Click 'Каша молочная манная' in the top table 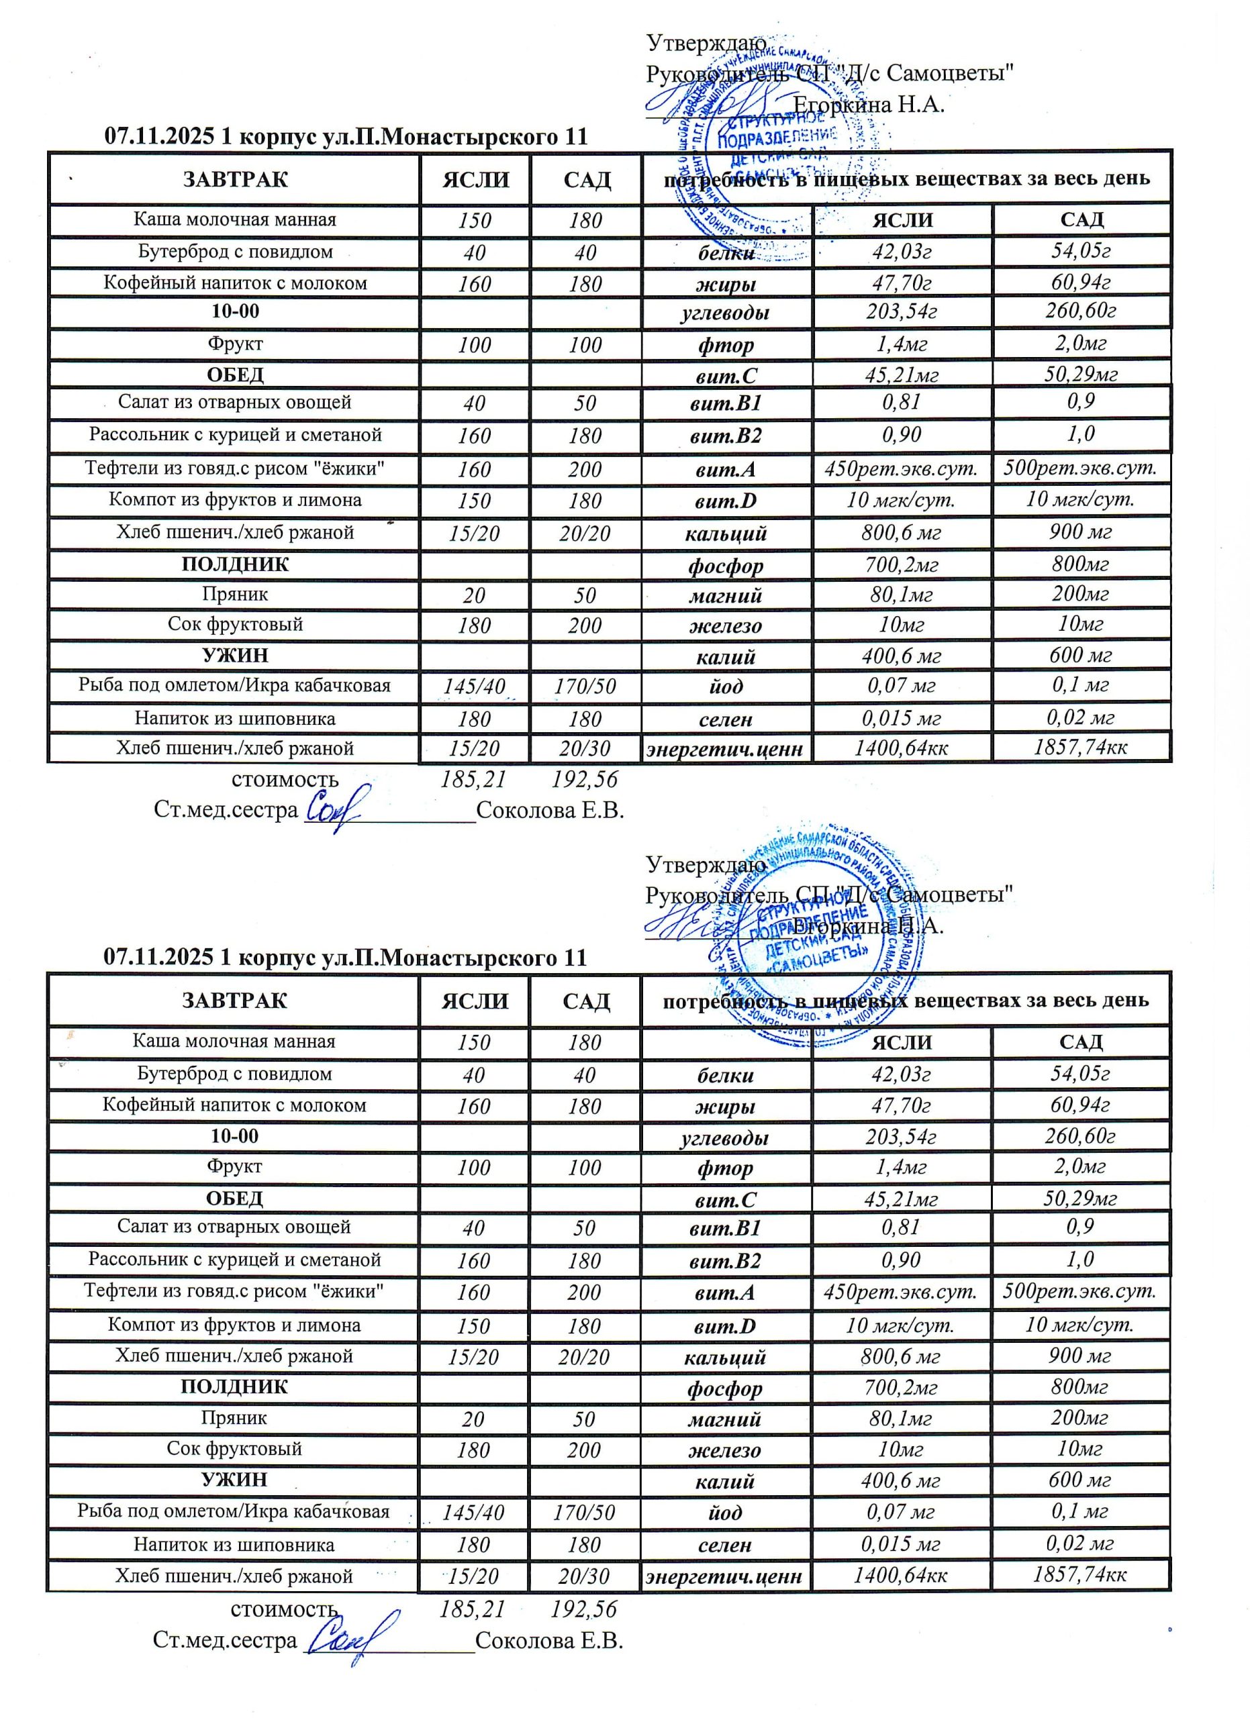(x=235, y=219)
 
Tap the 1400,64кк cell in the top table (x=902, y=748)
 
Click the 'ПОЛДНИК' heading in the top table (x=235, y=564)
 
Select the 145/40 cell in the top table (x=474, y=687)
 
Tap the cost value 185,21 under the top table (x=473, y=779)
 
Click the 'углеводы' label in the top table (x=726, y=313)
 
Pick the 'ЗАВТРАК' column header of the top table (x=235, y=180)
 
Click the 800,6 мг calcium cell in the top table (x=902, y=533)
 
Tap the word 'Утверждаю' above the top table (x=706, y=43)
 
